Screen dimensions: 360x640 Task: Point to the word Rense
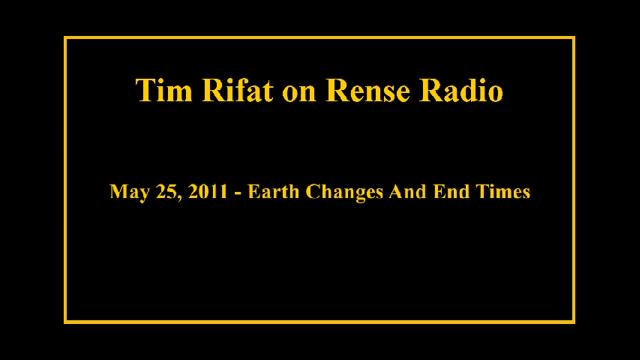click(368, 90)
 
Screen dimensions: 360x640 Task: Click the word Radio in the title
click(460, 90)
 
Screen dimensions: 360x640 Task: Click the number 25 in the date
click(167, 191)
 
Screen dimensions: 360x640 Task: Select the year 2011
click(207, 191)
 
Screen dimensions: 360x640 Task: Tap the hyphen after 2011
click(238, 193)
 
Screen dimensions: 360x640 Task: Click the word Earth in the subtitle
click(273, 191)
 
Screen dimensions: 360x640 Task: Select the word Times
click(502, 191)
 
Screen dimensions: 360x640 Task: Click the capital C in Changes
click(312, 191)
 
